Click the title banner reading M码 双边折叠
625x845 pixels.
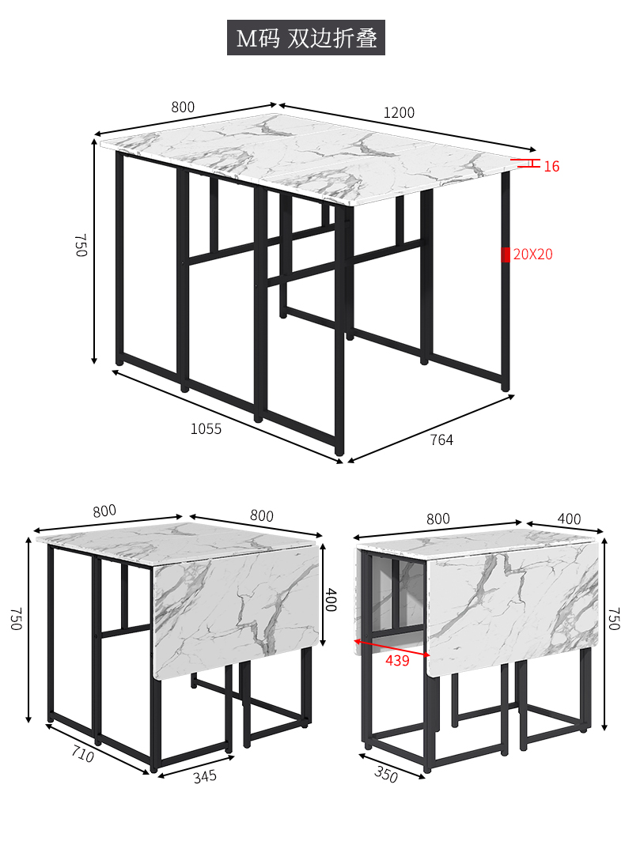[305, 37]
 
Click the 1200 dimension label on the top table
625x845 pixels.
[399, 112]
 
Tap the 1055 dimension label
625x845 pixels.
[206, 429]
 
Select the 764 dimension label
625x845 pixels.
[441, 439]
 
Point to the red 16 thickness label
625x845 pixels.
[551, 167]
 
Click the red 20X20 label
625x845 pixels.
[532, 255]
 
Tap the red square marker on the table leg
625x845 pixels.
[506, 255]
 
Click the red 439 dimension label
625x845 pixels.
[397, 660]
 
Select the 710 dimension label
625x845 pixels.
[82, 754]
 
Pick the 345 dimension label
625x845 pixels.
[205, 776]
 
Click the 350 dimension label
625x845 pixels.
[386, 775]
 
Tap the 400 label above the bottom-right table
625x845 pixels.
[569, 519]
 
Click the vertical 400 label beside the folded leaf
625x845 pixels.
[331, 600]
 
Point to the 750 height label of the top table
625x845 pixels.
[81, 245]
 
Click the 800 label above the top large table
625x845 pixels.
[183, 108]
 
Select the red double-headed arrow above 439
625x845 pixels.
[392, 647]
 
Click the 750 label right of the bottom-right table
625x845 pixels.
[614, 619]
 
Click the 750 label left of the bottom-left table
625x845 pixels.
[16, 619]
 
